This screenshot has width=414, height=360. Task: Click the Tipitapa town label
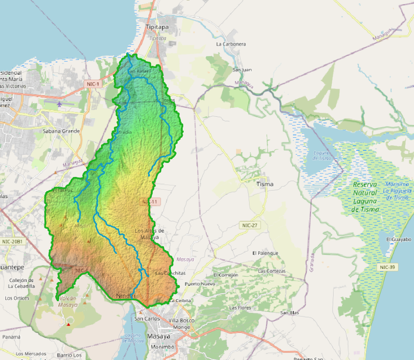(x=156, y=28)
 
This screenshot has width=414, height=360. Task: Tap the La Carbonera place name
(x=231, y=44)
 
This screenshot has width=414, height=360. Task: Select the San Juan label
(x=242, y=70)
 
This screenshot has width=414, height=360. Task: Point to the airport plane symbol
(x=59, y=104)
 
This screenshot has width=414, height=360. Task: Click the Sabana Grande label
(x=61, y=131)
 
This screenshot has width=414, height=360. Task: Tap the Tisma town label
(x=265, y=184)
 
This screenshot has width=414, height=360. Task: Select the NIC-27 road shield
(x=250, y=226)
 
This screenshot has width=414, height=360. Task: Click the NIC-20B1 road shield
(x=12, y=241)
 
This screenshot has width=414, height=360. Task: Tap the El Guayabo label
(x=399, y=240)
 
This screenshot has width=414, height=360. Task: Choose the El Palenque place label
(x=265, y=253)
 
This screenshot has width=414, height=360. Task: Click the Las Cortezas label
(x=271, y=271)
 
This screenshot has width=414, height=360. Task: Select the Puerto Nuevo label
(x=200, y=284)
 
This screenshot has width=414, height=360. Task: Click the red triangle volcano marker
(x=69, y=324)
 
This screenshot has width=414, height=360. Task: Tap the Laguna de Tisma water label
(x=322, y=155)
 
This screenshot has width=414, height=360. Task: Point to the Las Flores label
(x=240, y=308)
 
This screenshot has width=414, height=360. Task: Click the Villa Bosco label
(x=181, y=320)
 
